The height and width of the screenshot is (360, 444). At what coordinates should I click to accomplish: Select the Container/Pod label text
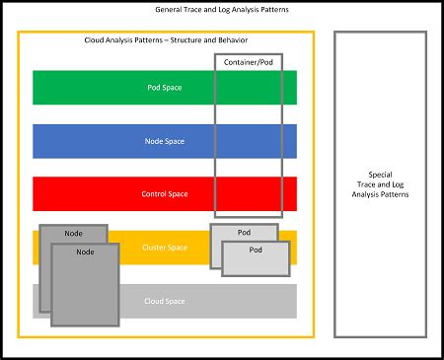click(x=249, y=62)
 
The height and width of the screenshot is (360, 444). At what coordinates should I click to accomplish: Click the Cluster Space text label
click(x=166, y=248)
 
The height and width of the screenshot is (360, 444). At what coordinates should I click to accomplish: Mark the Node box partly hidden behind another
click(x=73, y=233)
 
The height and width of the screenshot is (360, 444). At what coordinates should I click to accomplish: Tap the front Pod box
click(x=256, y=258)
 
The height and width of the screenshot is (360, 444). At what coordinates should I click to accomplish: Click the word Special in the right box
click(x=380, y=174)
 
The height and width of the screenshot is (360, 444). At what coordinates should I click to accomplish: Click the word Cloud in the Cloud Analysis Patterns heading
click(x=96, y=41)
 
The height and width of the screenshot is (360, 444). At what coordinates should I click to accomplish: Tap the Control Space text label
click(x=166, y=194)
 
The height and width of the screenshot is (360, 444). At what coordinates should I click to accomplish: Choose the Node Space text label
click(x=166, y=141)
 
